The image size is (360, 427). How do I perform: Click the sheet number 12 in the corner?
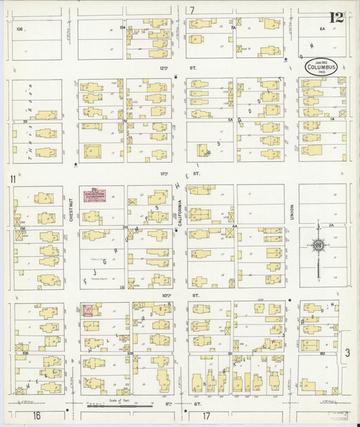(336, 17)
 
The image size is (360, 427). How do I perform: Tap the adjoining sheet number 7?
(192, 10)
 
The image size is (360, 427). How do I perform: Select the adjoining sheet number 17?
(206, 415)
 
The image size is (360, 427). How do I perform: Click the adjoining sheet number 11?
(12, 179)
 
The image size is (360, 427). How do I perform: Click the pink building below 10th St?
(88, 310)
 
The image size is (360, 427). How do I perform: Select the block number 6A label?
(323, 28)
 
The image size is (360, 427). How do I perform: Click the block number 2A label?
(331, 224)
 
